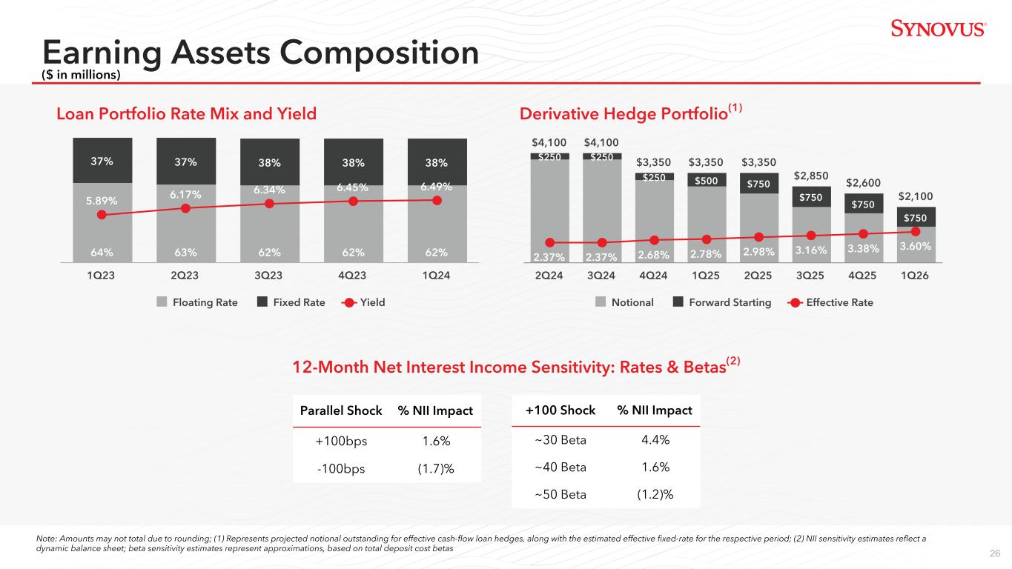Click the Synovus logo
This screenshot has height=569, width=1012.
click(939, 28)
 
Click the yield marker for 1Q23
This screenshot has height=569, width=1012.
click(102, 215)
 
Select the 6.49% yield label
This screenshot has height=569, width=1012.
click(436, 187)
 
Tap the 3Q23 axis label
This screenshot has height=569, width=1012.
click(268, 275)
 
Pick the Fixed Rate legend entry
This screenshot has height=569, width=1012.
click(291, 302)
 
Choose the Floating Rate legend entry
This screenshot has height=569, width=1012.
click(197, 302)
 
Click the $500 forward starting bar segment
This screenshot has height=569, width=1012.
click(707, 180)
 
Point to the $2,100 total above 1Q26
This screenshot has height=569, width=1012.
click(916, 196)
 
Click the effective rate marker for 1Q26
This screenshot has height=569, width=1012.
click(916, 232)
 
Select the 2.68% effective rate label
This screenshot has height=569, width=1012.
click(653, 255)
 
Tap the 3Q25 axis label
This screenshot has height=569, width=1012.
click(810, 275)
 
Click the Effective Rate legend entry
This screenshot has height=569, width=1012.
click(830, 302)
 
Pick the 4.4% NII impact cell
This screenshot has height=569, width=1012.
click(655, 439)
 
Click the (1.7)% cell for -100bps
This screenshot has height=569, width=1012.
click(435, 468)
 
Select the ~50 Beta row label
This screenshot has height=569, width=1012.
click(560, 494)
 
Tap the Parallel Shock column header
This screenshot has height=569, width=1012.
click(341, 410)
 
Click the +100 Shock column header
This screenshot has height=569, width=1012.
click(560, 410)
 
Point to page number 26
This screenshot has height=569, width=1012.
click(995, 553)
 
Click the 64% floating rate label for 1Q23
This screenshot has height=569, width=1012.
click(102, 252)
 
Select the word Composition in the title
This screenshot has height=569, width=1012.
click(379, 53)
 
